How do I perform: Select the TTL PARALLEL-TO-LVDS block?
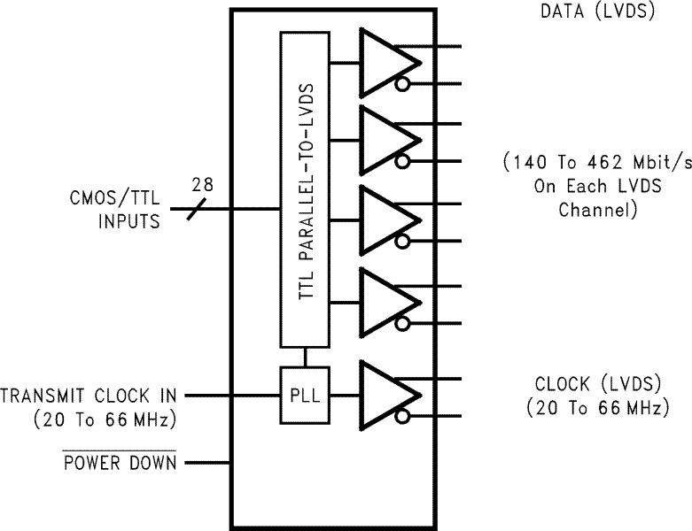(304, 189)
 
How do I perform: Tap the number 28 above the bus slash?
(203, 185)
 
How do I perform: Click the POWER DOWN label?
(120, 463)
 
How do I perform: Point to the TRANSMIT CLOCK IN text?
(89, 394)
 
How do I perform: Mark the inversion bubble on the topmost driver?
(403, 84)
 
